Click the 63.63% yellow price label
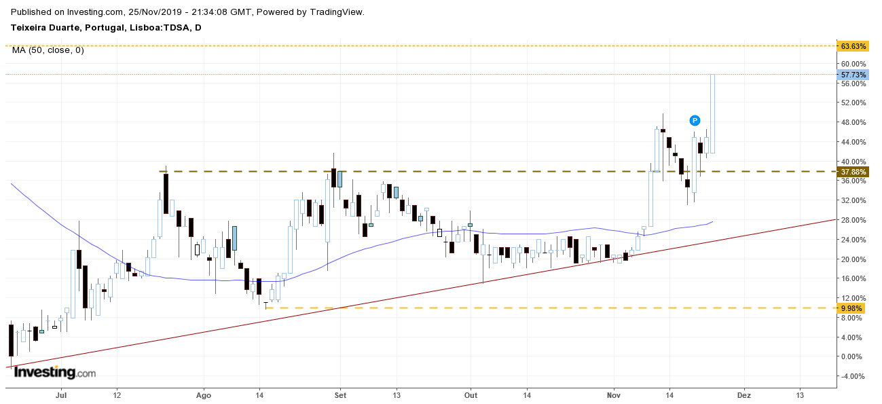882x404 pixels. click(x=853, y=46)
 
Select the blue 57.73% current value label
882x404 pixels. click(x=853, y=74)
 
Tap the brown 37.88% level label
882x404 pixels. click(x=853, y=172)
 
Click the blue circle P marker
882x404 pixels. click(x=695, y=120)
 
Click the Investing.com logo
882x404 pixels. click(x=54, y=373)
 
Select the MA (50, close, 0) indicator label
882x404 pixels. click(x=48, y=50)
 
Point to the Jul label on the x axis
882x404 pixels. click(x=62, y=394)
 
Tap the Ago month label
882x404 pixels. click(x=204, y=394)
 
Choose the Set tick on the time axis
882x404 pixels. click(x=340, y=394)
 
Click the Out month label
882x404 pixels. click(x=471, y=394)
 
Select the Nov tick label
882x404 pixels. click(x=614, y=394)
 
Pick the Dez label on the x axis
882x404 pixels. click(x=744, y=394)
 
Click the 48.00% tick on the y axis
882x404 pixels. click(x=853, y=123)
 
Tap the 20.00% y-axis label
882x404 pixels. click(x=853, y=259)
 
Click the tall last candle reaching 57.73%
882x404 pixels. click(x=712, y=113)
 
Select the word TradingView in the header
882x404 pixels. click(x=336, y=12)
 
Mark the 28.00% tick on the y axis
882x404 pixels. click(x=853, y=220)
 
